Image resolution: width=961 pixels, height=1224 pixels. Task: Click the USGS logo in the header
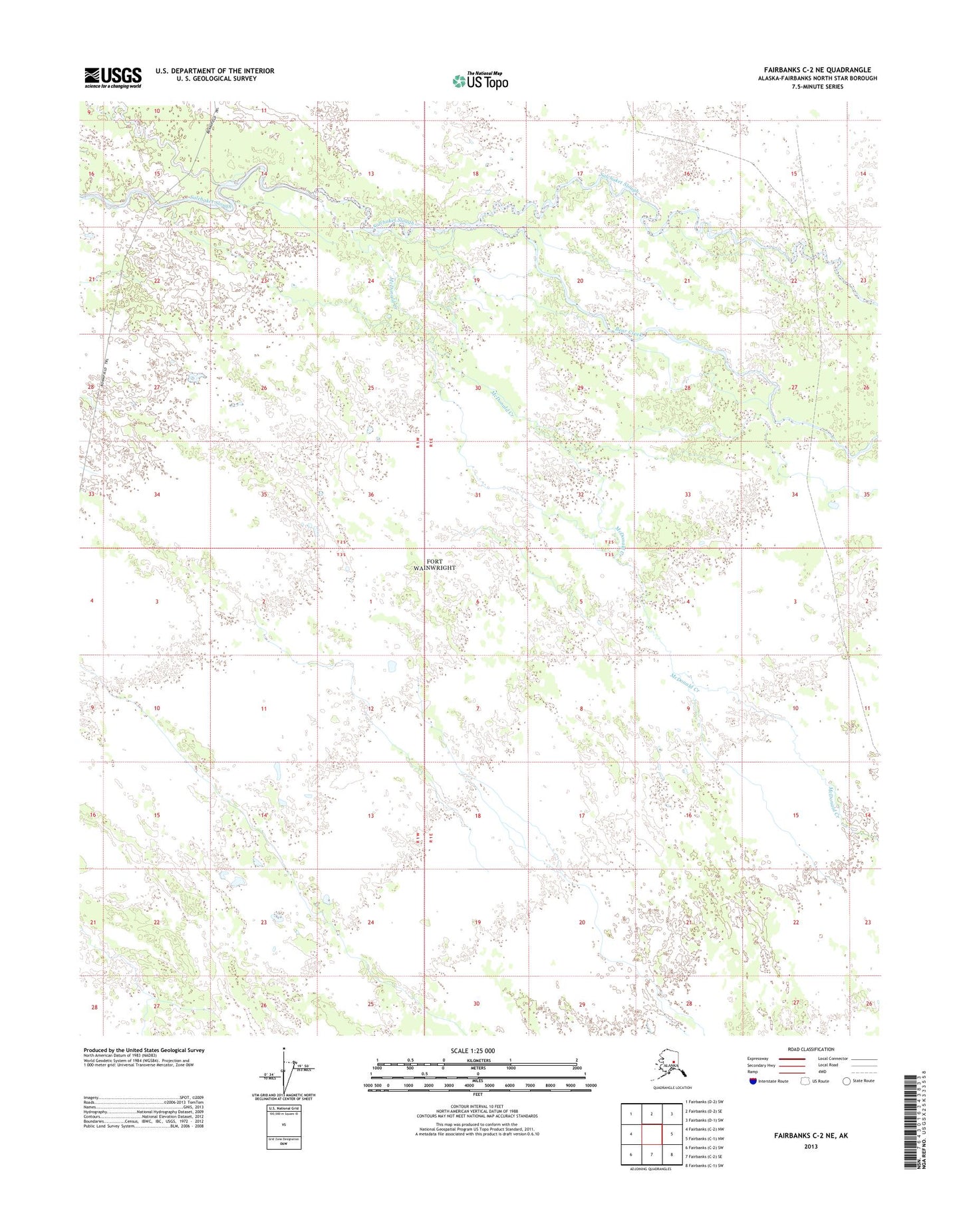point(112,77)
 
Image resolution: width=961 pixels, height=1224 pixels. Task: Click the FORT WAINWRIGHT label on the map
point(435,565)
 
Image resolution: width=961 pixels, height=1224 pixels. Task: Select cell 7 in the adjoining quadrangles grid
point(651,1154)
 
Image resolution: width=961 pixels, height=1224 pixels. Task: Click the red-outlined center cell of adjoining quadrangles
point(651,1134)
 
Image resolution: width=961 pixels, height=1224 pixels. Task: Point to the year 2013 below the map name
point(811,1146)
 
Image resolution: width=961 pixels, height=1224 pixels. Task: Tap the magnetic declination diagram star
point(284,1051)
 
